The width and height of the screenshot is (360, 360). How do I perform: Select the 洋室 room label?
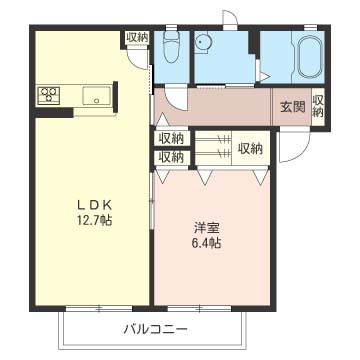pos(207,225)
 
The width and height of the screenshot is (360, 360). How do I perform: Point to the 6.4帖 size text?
pos(207,242)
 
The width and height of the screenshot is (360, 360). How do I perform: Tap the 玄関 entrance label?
pos(292,107)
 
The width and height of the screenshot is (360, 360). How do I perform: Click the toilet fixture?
pos(170,47)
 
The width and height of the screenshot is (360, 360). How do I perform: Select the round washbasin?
pos(205,42)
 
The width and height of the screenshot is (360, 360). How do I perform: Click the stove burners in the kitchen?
pos(49,96)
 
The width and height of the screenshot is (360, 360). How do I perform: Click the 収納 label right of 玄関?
pos(319,105)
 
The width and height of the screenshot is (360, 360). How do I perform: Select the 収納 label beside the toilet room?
pos(137,37)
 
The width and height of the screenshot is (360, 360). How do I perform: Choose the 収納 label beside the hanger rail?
pos(250,149)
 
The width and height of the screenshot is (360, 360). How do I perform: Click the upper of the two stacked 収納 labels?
pos(171,138)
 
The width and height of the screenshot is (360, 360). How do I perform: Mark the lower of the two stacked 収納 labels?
pos(171,156)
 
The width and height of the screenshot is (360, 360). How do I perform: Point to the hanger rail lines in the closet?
pos(211,149)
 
